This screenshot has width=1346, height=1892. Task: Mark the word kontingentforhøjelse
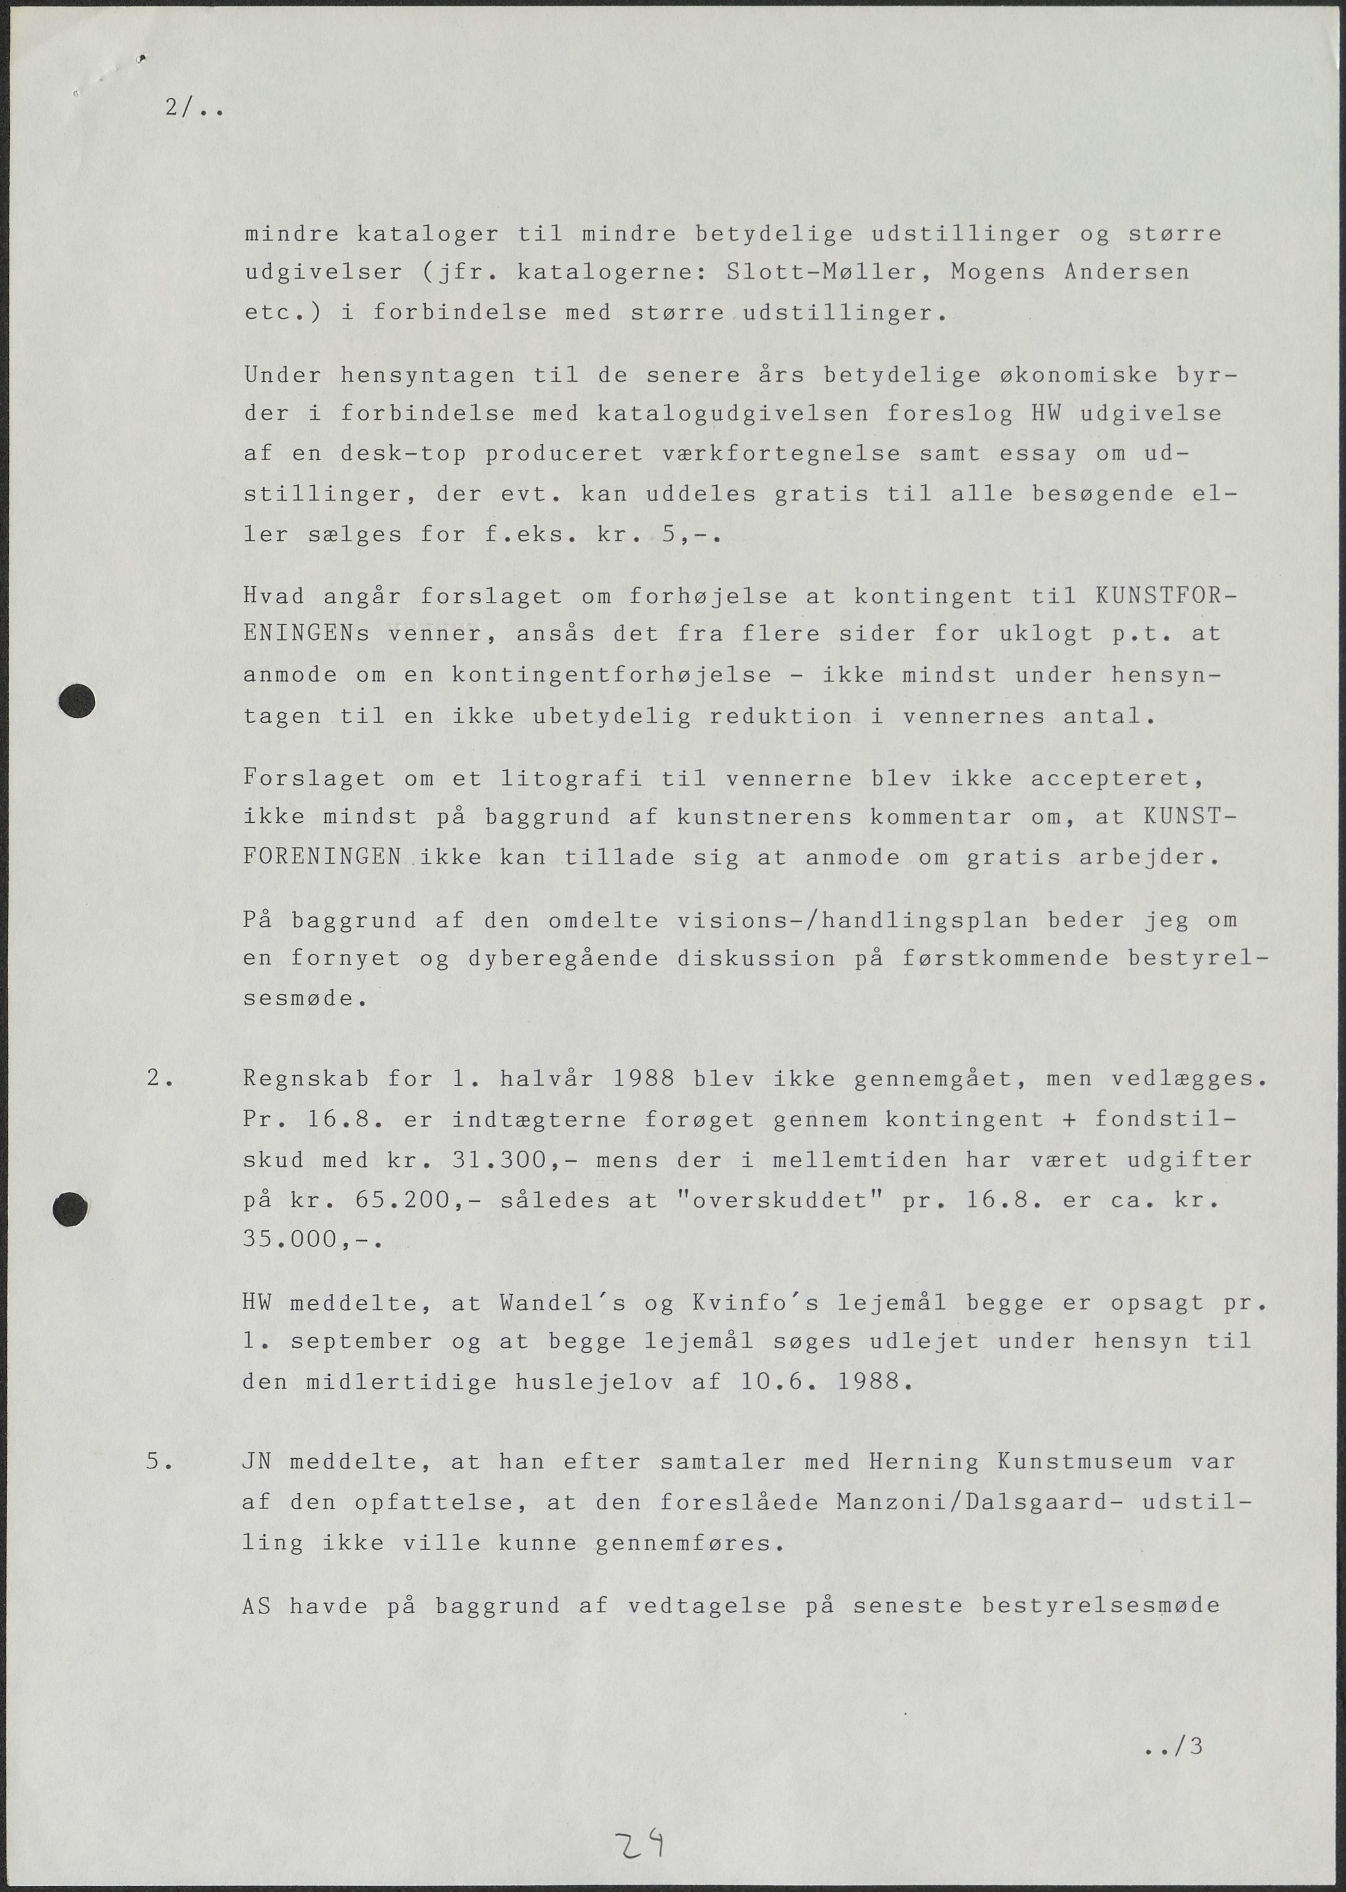pos(612,675)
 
